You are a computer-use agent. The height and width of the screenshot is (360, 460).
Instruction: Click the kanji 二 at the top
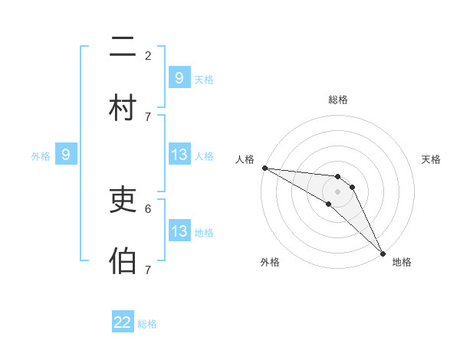click(x=123, y=49)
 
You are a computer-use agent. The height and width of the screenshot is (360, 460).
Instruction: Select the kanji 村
click(x=123, y=109)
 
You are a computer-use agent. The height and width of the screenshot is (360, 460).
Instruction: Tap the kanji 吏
click(x=123, y=201)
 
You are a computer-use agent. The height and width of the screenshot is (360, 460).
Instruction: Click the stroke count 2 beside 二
click(x=148, y=56)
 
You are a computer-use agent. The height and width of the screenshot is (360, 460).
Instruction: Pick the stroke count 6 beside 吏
click(x=148, y=208)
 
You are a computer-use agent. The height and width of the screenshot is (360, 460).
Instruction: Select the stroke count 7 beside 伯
click(x=148, y=269)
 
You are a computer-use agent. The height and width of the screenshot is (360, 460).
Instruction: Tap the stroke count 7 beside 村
click(x=148, y=116)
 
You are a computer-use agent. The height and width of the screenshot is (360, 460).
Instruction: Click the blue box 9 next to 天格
click(x=179, y=78)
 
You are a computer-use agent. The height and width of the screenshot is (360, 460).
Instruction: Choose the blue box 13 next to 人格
click(x=179, y=155)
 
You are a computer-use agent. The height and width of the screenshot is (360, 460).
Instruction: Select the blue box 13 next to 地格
click(x=179, y=231)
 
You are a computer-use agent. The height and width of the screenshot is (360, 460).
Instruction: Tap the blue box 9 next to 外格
click(x=66, y=155)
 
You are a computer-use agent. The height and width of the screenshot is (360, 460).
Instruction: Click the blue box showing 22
click(x=123, y=322)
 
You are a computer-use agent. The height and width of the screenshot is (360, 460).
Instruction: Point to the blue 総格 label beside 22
click(x=148, y=324)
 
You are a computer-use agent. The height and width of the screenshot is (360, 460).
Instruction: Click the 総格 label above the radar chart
click(x=337, y=100)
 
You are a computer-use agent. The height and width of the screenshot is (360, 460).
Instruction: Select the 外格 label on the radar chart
click(x=270, y=263)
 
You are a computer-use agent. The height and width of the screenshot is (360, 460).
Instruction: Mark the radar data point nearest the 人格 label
click(x=264, y=168)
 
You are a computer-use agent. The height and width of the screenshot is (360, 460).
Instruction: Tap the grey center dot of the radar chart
click(x=337, y=191)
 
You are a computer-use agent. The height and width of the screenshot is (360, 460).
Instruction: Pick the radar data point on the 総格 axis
click(x=337, y=175)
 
